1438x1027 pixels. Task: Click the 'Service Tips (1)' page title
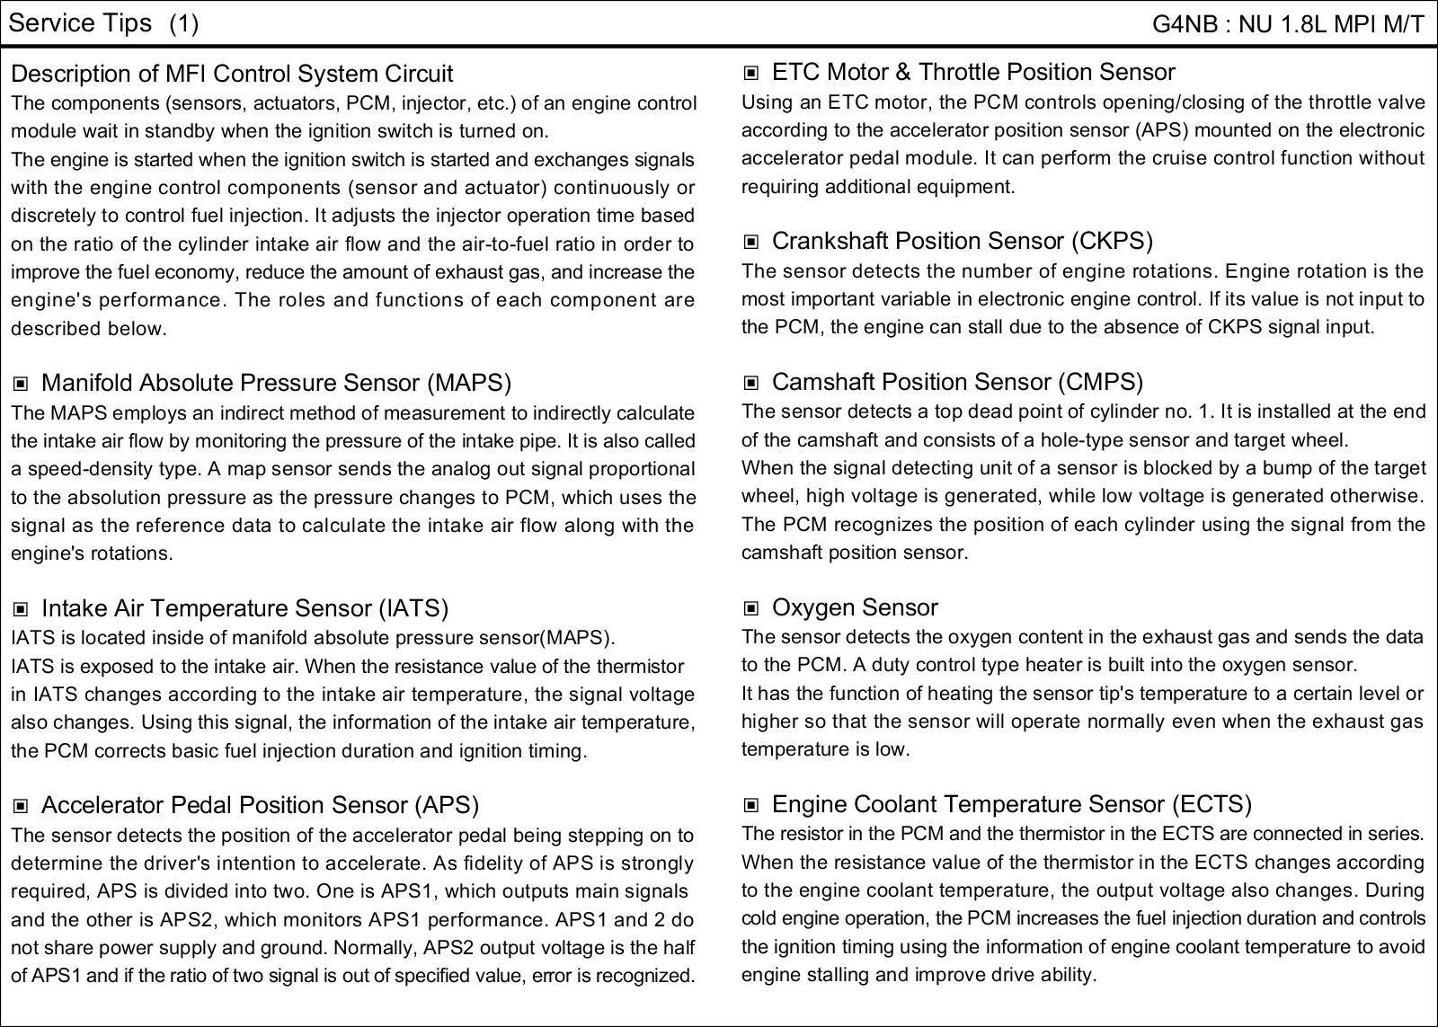(x=103, y=23)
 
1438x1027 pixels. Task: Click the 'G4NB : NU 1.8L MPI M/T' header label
(x=1288, y=24)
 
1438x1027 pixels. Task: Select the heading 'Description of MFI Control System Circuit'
(x=232, y=74)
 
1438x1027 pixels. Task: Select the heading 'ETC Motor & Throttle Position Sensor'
(x=973, y=72)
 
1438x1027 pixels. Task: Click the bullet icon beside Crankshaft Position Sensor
(x=751, y=242)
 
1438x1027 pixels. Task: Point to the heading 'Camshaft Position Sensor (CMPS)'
(x=957, y=382)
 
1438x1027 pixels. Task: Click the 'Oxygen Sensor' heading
(x=855, y=607)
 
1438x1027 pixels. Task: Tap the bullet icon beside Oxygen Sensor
(x=751, y=609)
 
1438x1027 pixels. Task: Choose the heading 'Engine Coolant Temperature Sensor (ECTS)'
(x=1012, y=804)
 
